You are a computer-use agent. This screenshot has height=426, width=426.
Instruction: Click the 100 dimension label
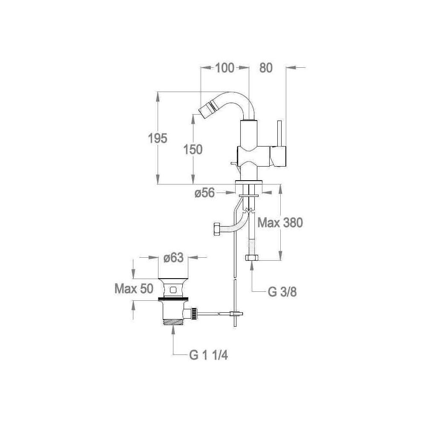coord(225,68)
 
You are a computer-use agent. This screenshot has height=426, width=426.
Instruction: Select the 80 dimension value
coord(266,68)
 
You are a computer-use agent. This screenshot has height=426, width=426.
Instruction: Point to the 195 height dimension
coord(157,138)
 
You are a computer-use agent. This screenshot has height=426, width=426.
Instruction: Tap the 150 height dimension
coord(193,150)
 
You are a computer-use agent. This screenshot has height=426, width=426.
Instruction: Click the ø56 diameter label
coord(204,193)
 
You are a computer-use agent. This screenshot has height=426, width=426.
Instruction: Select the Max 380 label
coord(280,223)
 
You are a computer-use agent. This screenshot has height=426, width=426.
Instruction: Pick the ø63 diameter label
coord(173,258)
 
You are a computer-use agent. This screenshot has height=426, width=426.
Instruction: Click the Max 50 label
coord(134,288)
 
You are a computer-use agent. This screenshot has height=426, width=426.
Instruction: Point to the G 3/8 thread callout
coord(282,292)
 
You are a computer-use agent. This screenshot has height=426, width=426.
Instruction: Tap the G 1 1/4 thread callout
coord(208,355)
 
